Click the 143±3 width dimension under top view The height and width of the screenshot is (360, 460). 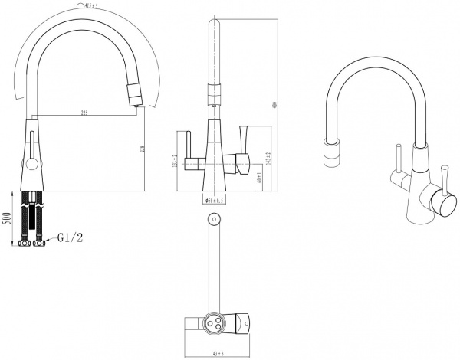point(217,353)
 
